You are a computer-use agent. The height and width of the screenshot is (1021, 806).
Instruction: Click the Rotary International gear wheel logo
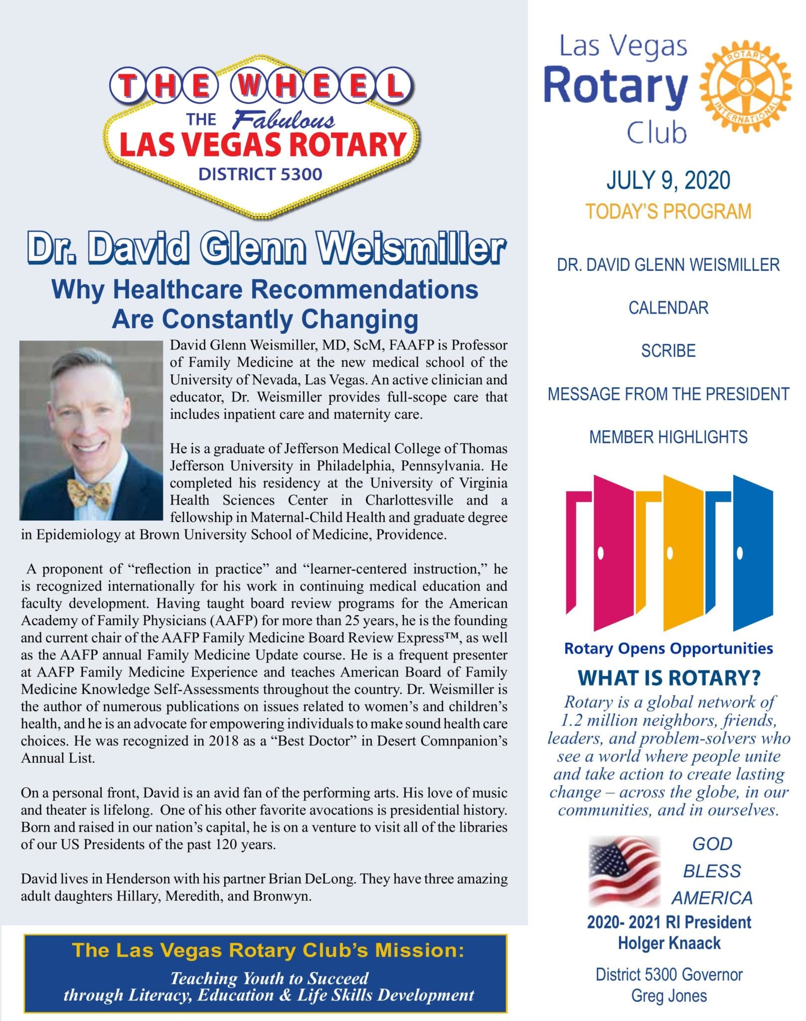click(745, 87)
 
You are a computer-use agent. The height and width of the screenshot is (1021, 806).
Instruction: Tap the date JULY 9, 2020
click(668, 180)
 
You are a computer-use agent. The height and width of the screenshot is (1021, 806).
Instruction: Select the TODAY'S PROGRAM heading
click(668, 211)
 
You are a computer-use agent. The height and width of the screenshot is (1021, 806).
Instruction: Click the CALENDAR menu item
click(668, 308)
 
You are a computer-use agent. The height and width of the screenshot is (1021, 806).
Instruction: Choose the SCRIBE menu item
click(668, 351)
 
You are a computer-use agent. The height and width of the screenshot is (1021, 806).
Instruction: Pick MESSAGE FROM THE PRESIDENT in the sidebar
click(668, 394)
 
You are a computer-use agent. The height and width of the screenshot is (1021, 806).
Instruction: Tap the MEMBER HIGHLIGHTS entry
click(668, 437)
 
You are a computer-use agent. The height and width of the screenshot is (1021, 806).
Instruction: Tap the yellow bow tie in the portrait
click(89, 492)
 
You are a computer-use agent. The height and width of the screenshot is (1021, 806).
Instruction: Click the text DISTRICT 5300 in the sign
click(260, 174)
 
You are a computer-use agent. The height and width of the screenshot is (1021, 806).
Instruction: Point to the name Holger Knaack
click(669, 943)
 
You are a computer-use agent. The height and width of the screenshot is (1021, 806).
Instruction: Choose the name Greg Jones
click(669, 996)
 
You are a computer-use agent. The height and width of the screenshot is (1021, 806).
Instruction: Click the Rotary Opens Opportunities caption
click(668, 649)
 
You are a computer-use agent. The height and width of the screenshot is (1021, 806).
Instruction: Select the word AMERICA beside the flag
click(712, 898)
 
